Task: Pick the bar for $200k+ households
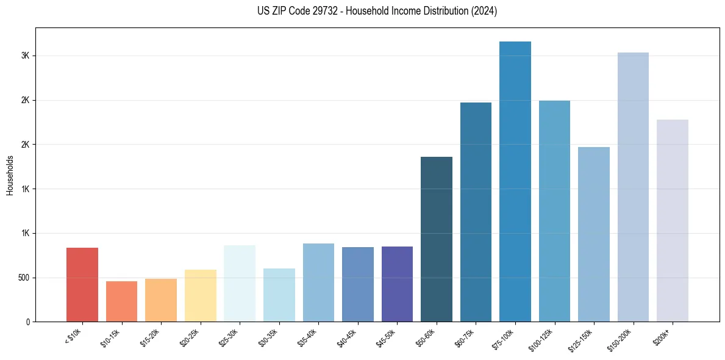click(673, 220)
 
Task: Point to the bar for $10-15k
click(121, 301)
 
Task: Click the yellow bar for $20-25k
click(201, 295)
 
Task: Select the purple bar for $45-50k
click(397, 284)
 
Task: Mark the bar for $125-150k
click(594, 234)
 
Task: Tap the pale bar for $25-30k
click(240, 283)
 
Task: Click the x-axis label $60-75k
click(465, 336)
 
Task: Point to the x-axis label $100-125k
click(543, 337)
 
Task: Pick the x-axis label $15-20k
click(151, 336)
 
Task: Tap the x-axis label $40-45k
click(347, 336)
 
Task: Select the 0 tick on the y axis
click(28, 322)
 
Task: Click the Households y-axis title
click(10, 175)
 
